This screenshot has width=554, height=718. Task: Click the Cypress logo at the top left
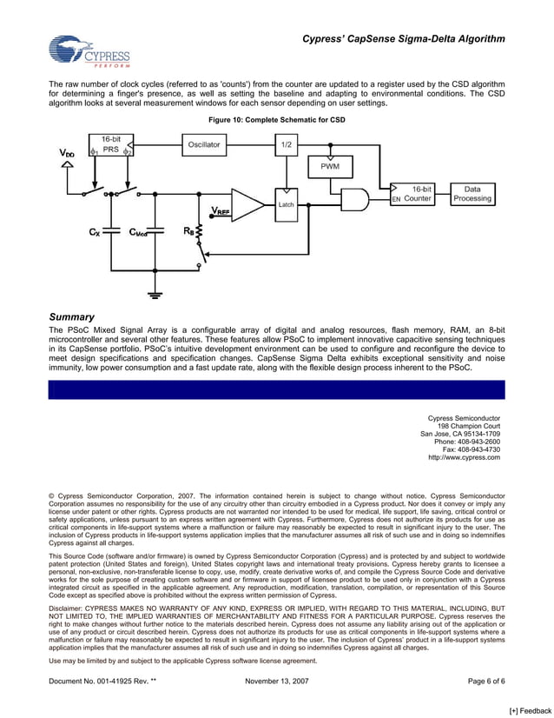pos(89,52)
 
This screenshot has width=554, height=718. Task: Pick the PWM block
pos(330,165)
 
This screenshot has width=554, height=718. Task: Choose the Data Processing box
pos(472,193)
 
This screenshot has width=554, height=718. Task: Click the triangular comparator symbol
pos(247,206)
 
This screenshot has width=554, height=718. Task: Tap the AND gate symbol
pos(354,199)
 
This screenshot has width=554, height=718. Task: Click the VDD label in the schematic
pos(67,153)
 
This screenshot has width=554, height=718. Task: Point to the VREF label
pos(221,210)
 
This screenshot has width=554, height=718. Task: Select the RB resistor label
pos(188,232)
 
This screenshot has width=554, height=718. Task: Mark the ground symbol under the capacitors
pos(155,296)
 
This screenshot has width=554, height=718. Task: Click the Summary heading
pos(71,317)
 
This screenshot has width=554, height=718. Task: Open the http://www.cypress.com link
pos(464,457)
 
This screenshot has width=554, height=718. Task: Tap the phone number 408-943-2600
pos(475,442)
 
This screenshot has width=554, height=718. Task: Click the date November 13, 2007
pos(277,681)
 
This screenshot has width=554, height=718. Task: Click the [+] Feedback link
pos(530,710)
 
